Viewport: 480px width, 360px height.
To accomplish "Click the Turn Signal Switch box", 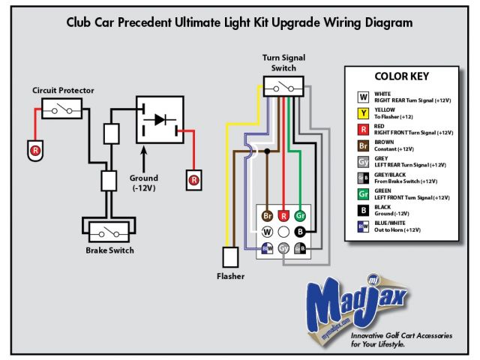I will (283, 87).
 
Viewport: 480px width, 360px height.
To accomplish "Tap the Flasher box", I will (230, 256).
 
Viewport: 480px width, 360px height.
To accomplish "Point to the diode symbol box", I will (159, 119).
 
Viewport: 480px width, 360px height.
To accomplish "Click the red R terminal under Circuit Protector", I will (34, 150).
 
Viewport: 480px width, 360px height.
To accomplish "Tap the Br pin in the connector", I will (266, 216).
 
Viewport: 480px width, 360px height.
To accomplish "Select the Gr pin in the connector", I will (300, 216).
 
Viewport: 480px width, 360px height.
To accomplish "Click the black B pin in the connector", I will (300, 232).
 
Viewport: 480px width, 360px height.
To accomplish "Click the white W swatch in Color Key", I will (361, 97).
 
